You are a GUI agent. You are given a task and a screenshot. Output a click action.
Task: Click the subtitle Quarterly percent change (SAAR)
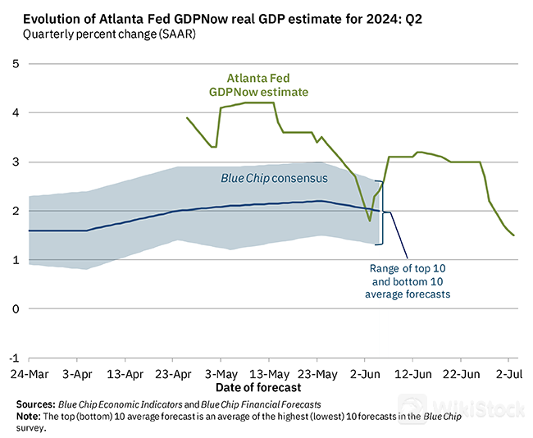pyautogui.click(x=109, y=34)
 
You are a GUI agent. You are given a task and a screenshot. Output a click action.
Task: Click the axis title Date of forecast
pyautogui.click(x=257, y=387)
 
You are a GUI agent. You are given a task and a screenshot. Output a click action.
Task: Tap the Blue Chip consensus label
pyautogui.click(x=274, y=178)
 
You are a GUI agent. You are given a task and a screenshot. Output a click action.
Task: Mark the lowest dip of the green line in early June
pyautogui.click(x=370, y=221)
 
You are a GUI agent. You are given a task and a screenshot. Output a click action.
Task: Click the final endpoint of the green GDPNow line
pyautogui.click(x=514, y=235)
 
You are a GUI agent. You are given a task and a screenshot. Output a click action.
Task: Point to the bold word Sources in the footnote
pyautogui.click(x=36, y=404)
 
